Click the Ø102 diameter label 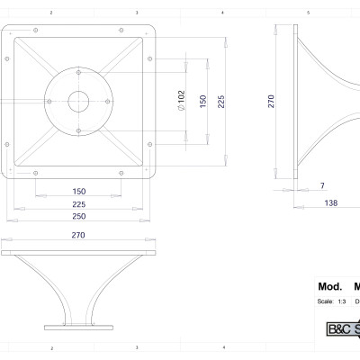click(181, 100)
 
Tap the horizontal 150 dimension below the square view click(79, 191)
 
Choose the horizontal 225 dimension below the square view click(79, 203)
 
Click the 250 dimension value click(79, 216)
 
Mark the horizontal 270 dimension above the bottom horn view click(77, 236)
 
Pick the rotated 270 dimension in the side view click(271, 101)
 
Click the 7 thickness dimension click(321, 185)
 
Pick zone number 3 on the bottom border click(136, 346)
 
